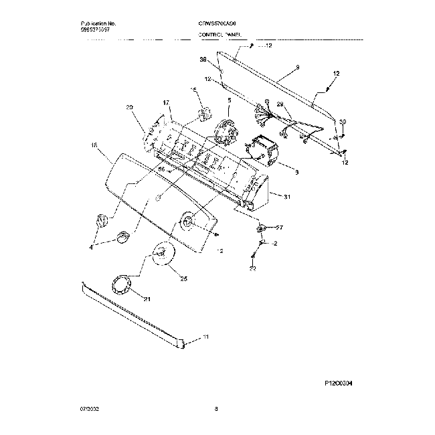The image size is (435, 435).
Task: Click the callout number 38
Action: (202, 60)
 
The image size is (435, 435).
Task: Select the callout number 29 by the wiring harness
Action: (280, 104)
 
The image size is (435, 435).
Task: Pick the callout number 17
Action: (166, 102)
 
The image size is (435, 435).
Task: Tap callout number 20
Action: (129, 107)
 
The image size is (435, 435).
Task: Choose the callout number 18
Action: (94, 145)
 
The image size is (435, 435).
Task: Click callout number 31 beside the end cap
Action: (287, 196)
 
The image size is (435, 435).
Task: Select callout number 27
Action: (280, 228)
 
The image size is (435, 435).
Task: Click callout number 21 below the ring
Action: (148, 298)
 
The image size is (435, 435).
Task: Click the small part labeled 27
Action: (260, 229)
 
